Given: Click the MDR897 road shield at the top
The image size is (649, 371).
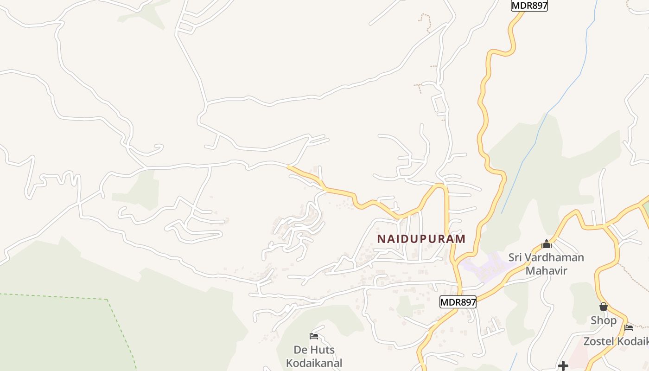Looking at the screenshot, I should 529,6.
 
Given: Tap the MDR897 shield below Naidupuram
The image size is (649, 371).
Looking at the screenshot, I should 458,302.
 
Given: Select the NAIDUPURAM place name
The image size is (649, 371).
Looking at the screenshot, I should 421,239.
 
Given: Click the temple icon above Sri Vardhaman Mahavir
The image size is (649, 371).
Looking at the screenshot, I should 546,244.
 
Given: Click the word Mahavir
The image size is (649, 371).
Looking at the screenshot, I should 546,270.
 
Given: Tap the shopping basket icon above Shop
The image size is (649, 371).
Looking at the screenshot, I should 603,307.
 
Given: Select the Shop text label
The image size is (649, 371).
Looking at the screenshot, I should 603,320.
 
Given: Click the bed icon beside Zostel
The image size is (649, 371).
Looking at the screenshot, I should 629,328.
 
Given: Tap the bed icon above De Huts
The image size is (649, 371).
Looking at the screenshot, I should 314,336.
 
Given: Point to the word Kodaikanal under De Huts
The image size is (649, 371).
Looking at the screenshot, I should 314,363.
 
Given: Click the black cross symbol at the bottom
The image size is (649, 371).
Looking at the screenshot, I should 563,366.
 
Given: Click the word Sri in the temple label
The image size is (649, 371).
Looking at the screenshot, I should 515,257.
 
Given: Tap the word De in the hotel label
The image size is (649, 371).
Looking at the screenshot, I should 300,350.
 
